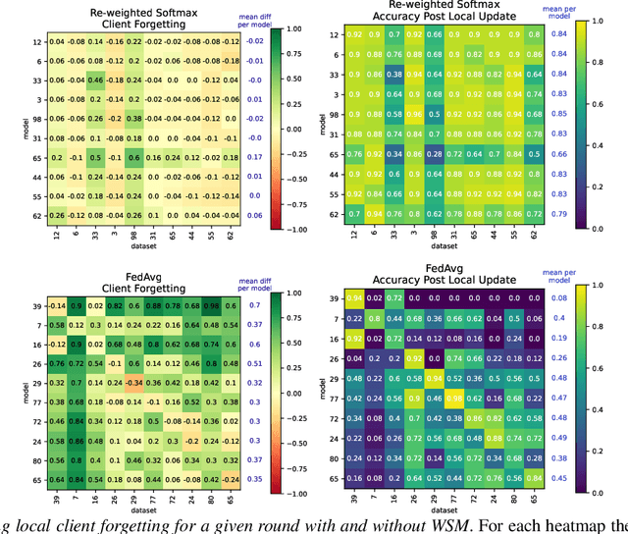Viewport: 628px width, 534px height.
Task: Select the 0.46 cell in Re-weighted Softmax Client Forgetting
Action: tap(94, 79)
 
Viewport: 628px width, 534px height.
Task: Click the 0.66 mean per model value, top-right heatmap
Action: tap(587, 156)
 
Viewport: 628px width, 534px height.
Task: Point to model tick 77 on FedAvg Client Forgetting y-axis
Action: tap(34, 400)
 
